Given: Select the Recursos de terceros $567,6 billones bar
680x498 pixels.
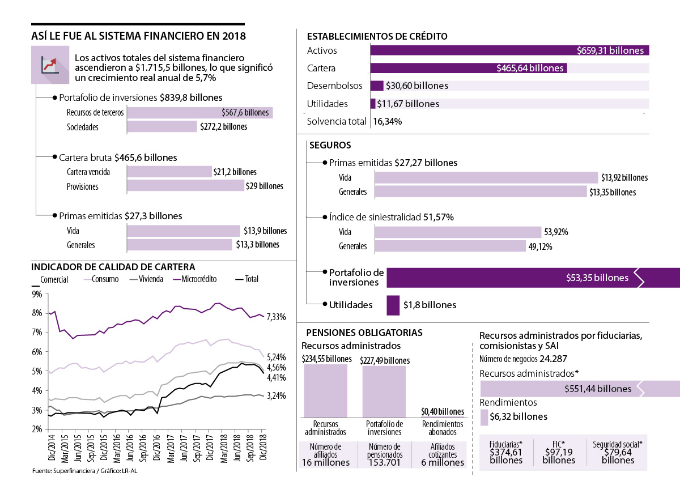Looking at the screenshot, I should point(199,113).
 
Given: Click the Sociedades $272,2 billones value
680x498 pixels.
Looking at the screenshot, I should point(223,127).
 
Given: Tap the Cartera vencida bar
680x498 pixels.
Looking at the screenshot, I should point(169,172).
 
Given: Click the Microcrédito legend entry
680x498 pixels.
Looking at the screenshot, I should point(202,279).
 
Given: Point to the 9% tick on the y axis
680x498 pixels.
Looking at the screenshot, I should point(37,294).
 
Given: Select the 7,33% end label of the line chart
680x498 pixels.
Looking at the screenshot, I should point(277,316).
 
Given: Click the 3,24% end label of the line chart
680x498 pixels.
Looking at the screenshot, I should point(277,395).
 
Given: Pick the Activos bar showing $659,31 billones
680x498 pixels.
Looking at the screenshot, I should point(509,50).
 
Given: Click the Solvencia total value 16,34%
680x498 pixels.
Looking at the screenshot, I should point(388,121).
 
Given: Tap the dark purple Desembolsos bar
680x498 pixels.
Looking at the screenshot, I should point(377,86).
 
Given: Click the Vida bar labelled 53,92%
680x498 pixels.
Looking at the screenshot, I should point(458,232).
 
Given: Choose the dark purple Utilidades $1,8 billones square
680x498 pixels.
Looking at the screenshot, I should point(393,305).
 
